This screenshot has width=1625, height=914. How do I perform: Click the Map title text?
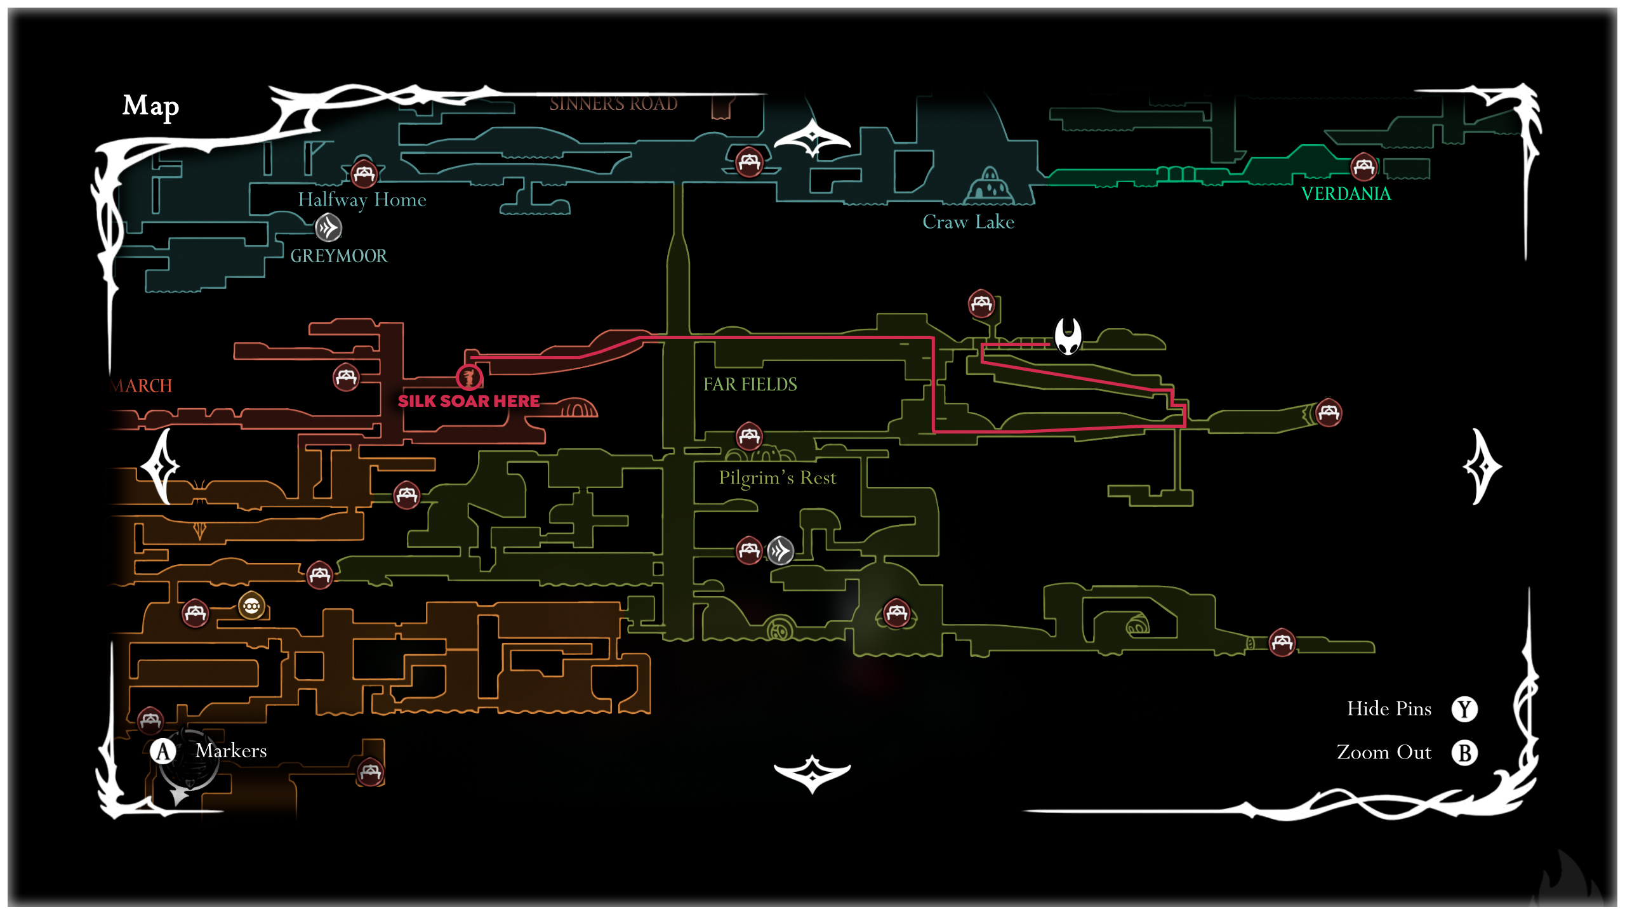(x=150, y=106)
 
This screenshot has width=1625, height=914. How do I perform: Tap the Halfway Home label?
(x=362, y=200)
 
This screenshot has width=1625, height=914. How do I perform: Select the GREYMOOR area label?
(x=338, y=256)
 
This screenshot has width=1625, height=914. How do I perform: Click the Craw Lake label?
(x=968, y=222)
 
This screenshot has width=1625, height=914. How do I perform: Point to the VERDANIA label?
(x=1346, y=194)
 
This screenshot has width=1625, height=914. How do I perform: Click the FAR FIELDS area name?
(x=750, y=385)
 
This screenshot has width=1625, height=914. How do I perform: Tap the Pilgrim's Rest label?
(x=777, y=478)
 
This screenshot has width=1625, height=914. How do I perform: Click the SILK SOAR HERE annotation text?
(x=468, y=401)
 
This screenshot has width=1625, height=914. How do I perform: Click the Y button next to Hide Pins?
(x=1464, y=709)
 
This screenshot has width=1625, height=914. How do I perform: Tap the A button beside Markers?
(x=163, y=752)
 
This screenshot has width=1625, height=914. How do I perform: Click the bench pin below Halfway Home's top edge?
(x=364, y=173)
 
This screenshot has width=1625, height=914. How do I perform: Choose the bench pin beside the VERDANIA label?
(x=1363, y=167)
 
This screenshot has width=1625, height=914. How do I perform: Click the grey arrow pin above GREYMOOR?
(x=328, y=227)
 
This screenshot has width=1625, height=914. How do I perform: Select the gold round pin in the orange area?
(x=251, y=606)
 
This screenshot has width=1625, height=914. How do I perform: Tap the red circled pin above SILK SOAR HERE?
(x=469, y=378)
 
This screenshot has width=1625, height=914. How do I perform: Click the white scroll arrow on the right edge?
(x=1482, y=467)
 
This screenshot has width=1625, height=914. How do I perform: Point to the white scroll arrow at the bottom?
(x=812, y=774)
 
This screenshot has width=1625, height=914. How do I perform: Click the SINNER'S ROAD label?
(x=613, y=103)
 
